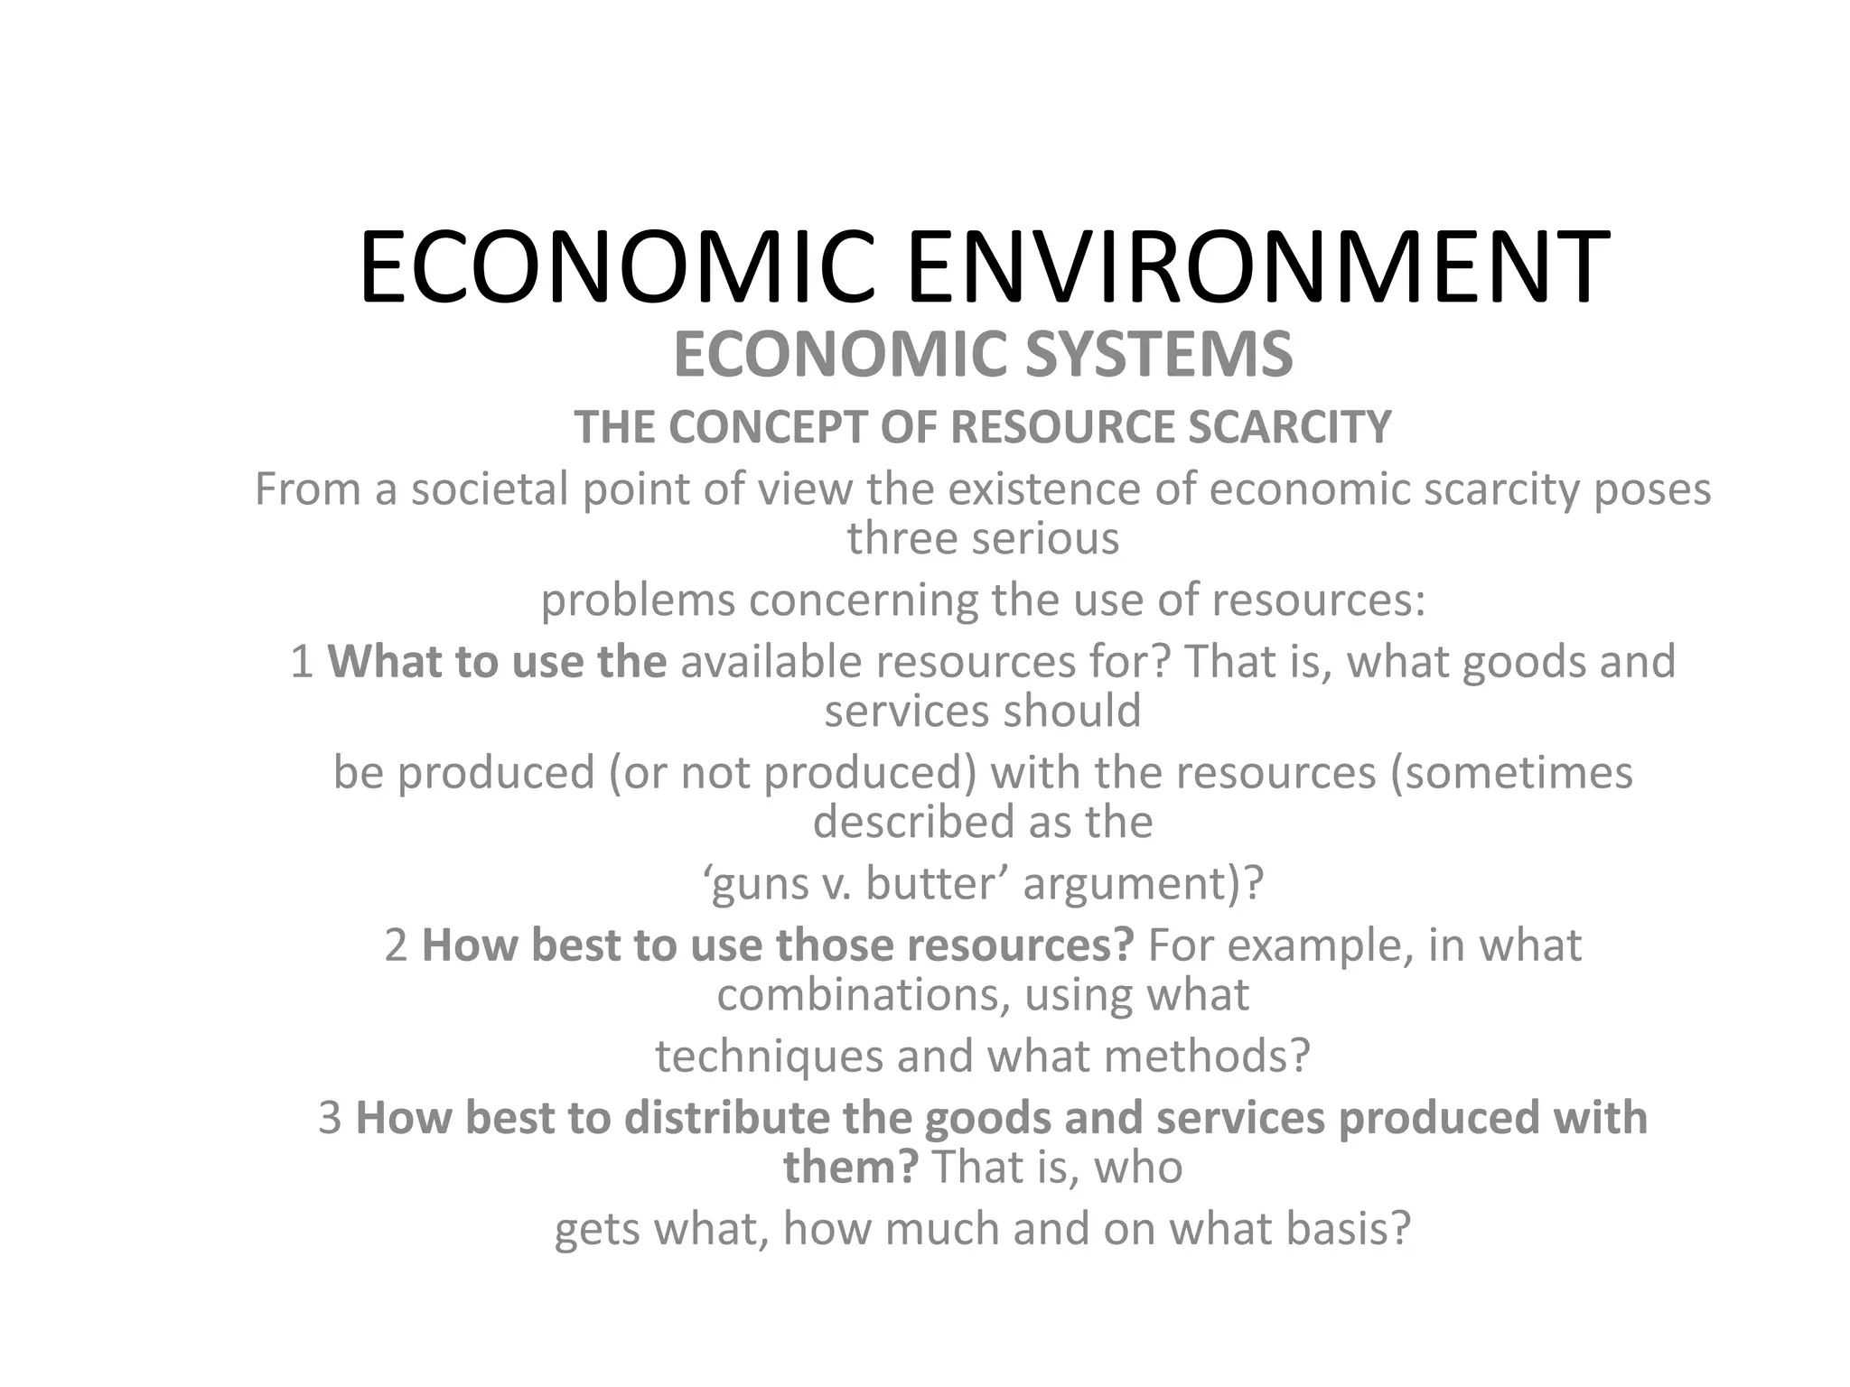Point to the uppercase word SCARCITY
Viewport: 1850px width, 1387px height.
[1290, 427]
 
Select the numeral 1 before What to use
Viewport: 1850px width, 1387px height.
[302, 662]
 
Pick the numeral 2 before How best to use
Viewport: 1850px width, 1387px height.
[396, 945]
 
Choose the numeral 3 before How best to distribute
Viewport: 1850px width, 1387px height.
[330, 1118]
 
